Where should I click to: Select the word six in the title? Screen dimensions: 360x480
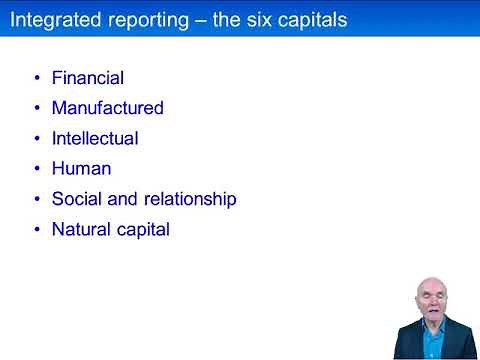click(x=247, y=19)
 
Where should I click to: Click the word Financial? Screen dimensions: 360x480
click(x=88, y=77)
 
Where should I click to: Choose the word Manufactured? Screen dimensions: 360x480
click(x=108, y=107)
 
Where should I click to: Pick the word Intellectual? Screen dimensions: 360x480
click(x=95, y=138)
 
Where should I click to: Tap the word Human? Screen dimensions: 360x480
click(x=81, y=168)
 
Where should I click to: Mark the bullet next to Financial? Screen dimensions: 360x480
click(x=37, y=77)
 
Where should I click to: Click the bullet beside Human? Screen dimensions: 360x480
click(x=37, y=168)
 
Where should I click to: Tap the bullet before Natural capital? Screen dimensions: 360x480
click(x=37, y=229)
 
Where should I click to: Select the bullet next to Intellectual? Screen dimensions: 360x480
click(x=37, y=138)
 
